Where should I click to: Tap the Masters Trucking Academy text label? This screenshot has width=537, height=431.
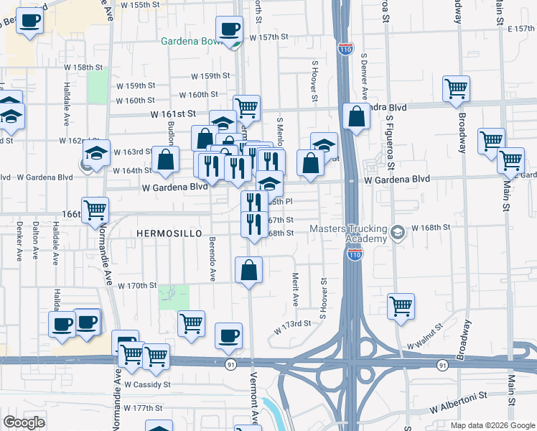pyautogui.click(x=347, y=233)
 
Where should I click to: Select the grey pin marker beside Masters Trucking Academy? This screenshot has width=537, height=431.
pyautogui.click(x=398, y=231)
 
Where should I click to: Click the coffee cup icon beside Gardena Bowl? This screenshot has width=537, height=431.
pyautogui.click(x=229, y=29)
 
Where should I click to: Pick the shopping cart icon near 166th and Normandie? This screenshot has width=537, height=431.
pyautogui.click(x=95, y=210)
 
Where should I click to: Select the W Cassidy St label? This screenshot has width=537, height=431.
pyautogui.click(x=146, y=384)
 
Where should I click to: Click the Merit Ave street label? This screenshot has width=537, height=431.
pyautogui.click(x=295, y=287)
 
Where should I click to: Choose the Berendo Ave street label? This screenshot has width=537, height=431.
pyautogui.click(x=213, y=258)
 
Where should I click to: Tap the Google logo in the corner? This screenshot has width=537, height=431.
pyautogui.click(x=24, y=422)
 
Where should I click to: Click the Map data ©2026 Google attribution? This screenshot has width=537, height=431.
pyautogui.click(x=492, y=425)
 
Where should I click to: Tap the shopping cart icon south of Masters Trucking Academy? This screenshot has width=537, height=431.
pyautogui.click(x=401, y=306)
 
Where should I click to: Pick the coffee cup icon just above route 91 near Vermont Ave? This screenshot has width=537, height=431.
pyautogui.click(x=229, y=335)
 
